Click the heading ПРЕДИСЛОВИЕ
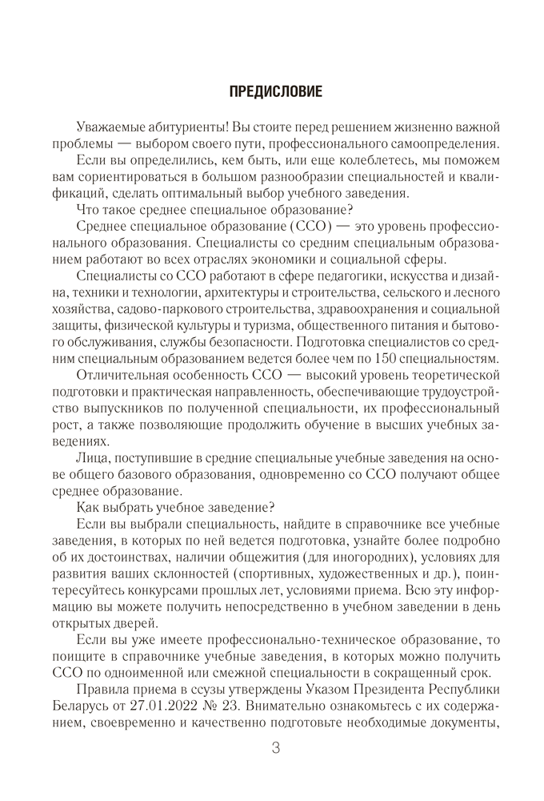[x=275, y=91]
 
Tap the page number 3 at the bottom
[x=275, y=748]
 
